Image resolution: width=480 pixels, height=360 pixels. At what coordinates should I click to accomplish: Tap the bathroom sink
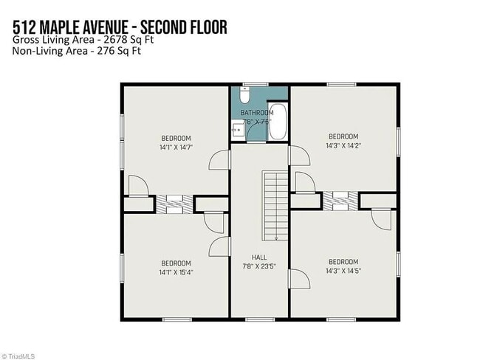click(237, 131)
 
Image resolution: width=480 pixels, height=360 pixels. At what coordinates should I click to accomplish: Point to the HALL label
click(258, 257)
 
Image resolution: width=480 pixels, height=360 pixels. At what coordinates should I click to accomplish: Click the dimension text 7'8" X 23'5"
click(258, 266)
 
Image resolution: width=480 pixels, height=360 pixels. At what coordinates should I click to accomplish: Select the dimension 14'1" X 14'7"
click(176, 147)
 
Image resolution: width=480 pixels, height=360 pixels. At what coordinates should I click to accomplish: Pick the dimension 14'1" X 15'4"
click(176, 271)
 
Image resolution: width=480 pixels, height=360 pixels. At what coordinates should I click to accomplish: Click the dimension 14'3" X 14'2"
click(343, 145)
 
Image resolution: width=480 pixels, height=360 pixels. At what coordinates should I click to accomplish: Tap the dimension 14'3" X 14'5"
click(343, 271)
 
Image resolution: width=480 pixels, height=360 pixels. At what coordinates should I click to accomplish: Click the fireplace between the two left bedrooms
click(174, 204)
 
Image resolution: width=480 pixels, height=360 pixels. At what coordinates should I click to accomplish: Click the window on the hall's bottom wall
click(259, 319)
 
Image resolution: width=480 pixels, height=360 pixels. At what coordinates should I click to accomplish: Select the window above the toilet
click(256, 83)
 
